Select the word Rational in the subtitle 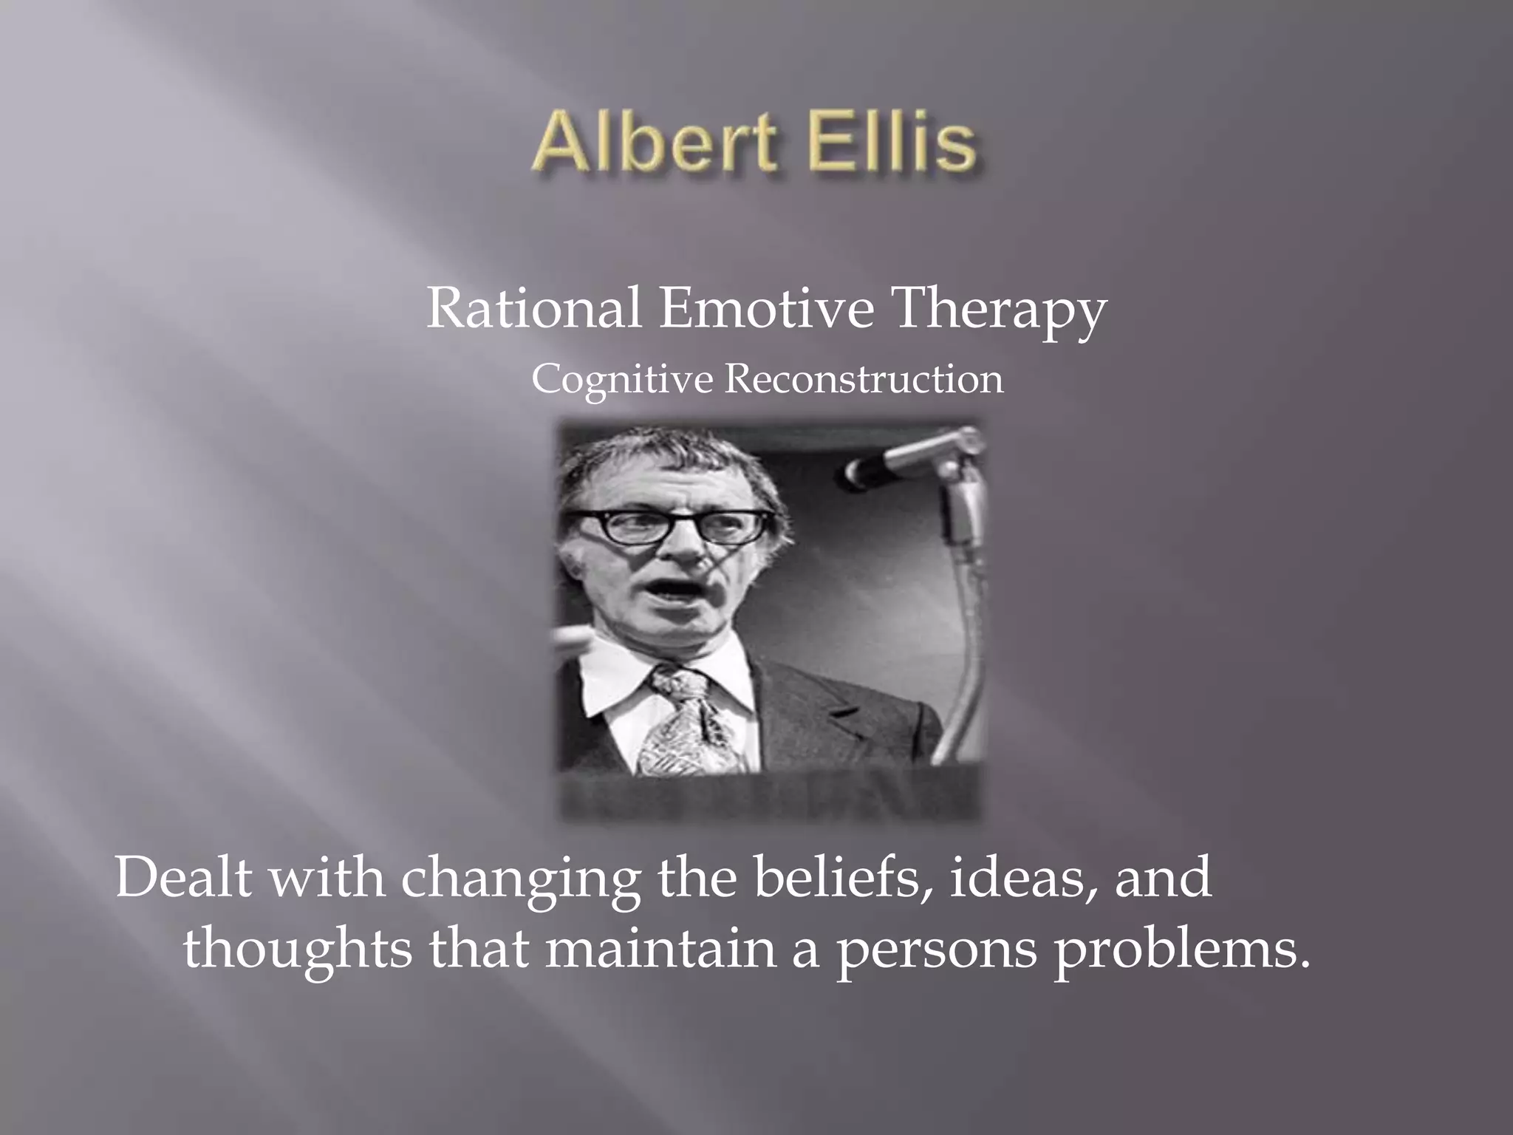533,308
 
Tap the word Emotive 765,308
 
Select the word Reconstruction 863,379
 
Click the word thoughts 297,950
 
